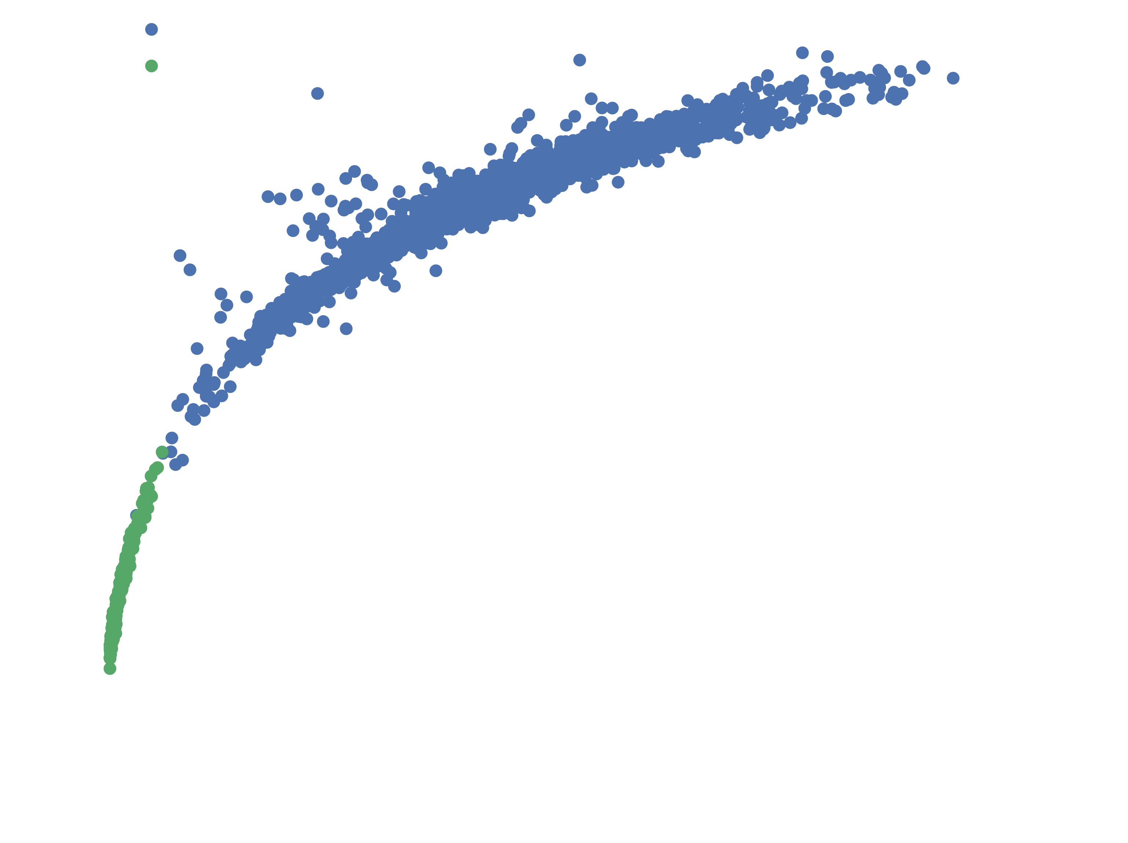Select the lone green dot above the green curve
pos(151,66)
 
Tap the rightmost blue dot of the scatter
pos(953,78)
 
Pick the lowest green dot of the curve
pos(110,668)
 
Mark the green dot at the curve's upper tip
pos(162,452)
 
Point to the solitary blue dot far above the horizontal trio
pos(317,93)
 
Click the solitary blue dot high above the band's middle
pos(579,60)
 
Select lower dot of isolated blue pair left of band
pos(190,270)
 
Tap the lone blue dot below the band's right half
pos(618,182)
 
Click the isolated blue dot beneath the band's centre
pos(436,270)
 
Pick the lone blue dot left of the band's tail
pos(197,349)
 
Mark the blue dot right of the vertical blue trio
pos(246,297)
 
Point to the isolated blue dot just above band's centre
pos(490,149)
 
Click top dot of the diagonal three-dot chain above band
pos(528,115)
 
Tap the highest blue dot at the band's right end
pos(802,52)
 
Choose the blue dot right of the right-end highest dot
pos(827,56)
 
